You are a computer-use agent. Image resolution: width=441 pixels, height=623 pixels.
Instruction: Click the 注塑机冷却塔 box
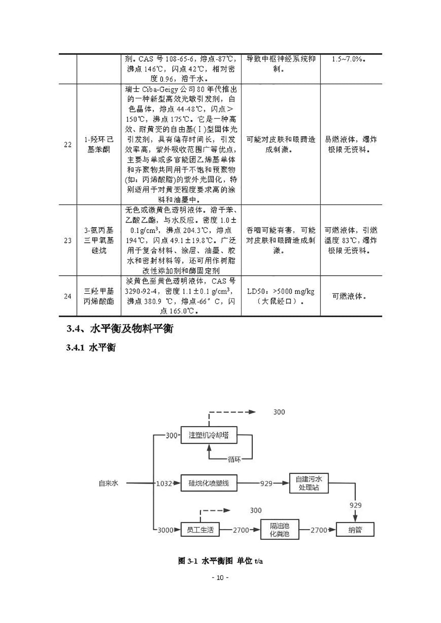point(209,435)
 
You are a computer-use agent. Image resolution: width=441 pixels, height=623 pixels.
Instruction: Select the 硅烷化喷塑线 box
point(209,483)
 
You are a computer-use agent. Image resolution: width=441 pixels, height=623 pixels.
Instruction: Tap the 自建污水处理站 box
point(309,483)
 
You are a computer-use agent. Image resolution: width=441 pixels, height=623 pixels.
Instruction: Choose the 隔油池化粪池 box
point(280,530)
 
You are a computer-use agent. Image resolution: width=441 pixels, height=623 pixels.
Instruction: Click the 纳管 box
point(355,530)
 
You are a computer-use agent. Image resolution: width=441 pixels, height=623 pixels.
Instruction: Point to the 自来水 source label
point(108,483)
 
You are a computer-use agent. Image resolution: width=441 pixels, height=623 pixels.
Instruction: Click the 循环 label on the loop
point(234,459)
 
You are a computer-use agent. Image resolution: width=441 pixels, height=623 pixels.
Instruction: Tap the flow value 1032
point(164,484)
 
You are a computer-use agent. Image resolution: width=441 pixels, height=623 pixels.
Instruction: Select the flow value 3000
point(165,530)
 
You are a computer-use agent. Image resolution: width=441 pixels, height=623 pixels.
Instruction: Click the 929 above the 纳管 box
point(355,505)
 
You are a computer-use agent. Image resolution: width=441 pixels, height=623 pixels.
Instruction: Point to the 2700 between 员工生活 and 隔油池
point(241,530)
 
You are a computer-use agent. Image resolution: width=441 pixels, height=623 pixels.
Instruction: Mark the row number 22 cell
point(67,144)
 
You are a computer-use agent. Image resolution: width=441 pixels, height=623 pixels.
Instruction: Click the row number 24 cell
point(67,296)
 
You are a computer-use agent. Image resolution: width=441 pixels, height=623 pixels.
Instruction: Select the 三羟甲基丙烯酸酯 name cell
point(99,296)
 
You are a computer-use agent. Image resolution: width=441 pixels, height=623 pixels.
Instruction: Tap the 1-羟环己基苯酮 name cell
point(99,144)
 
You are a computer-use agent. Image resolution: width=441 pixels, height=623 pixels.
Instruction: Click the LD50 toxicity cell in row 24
point(281,296)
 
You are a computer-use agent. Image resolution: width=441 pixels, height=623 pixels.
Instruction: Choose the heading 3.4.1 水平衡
point(91,348)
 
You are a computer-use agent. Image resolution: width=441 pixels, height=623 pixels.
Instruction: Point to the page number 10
point(220,578)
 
